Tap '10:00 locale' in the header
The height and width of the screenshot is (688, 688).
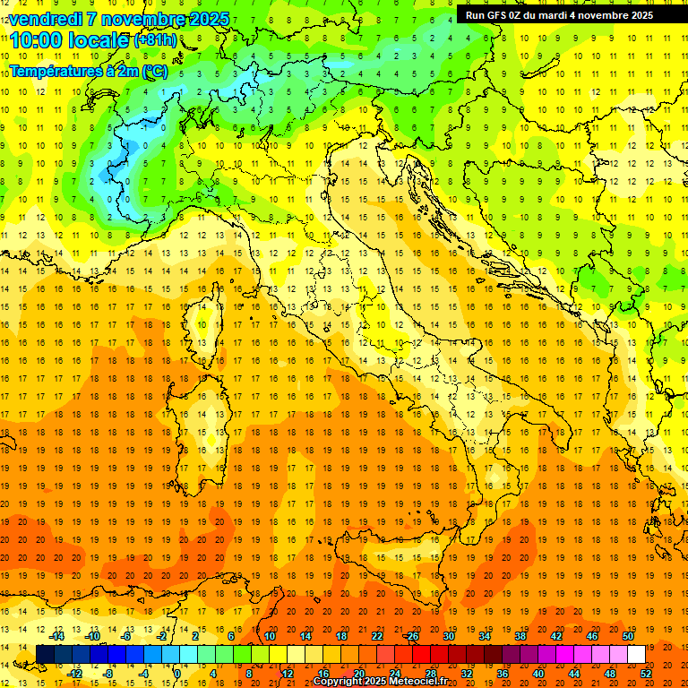click(x=71, y=40)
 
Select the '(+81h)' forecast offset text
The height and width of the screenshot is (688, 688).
click(x=155, y=41)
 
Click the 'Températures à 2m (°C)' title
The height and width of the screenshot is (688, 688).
click(x=88, y=71)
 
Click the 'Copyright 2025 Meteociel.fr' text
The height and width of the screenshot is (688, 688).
click(x=380, y=682)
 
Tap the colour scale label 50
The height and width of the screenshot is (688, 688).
click(x=628, y=636)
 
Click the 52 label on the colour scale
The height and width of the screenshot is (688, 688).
click(x=646, y=673)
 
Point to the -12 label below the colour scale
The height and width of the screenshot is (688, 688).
click(x=75, y=673)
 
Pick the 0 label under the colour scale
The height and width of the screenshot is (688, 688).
click(x=177, y=673)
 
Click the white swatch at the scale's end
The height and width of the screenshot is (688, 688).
click(x=636, y=655)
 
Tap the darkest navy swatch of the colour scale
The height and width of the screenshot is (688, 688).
click(x=45, y=655)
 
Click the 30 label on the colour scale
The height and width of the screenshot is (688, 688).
click(x=448, y=636)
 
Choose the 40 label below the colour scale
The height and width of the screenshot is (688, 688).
click(x=538, y=673)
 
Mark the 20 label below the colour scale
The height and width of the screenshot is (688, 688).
click(x=358, y=673)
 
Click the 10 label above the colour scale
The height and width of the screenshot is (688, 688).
click(x=269, y=636)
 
